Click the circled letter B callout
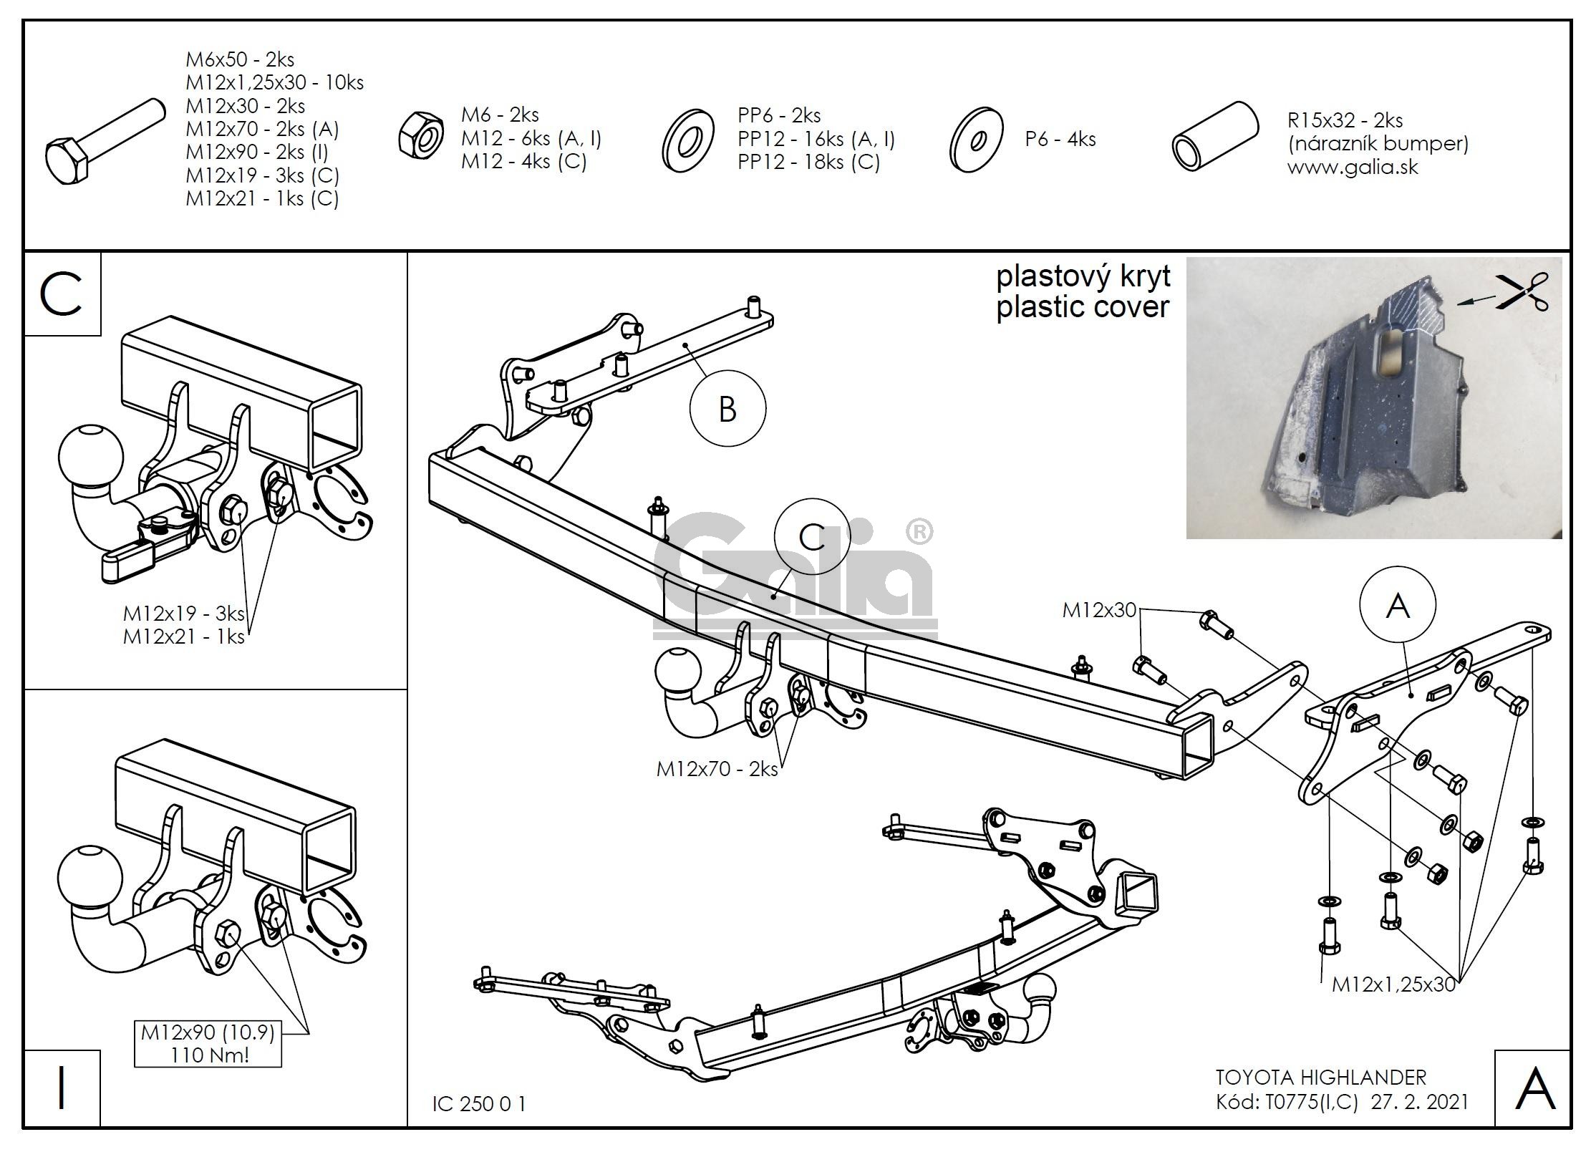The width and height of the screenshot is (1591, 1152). (x=727, y=410)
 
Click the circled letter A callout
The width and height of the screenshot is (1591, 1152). (x=1398, y=606)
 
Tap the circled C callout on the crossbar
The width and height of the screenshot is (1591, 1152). (x=812, y=537)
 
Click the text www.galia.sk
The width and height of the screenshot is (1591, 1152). (x=1353, y=168)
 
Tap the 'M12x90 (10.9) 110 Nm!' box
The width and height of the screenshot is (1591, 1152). (x=208, y=1043)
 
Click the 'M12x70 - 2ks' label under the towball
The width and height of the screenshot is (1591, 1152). (x=717, y=769)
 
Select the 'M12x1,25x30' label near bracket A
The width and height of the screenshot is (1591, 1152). (x=1393, y=984)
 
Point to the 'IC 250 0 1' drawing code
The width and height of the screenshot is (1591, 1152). (x=479, y=1103)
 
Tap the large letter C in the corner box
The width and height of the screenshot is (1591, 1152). (x=62, y=294)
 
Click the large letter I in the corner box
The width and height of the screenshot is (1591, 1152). (x=62, y=1088)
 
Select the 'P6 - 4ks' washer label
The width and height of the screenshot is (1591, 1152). (x=1060, y=139)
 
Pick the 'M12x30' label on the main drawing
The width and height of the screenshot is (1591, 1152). (x=1099, y=610)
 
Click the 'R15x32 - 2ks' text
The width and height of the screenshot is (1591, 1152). (x=1345, y=120)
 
